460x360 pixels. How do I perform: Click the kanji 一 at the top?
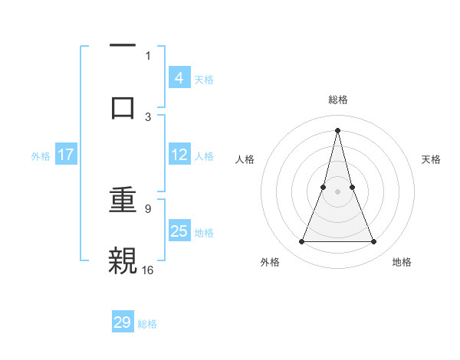click(123, 45)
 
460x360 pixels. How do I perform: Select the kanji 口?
click(123, 106)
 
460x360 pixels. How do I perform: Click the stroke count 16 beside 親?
click(148, 270)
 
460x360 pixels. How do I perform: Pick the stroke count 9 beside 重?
click(148, 208)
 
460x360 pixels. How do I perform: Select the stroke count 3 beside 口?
click(148, 116)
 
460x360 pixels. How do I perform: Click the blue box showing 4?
click(179, 77)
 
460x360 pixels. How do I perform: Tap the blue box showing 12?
click(179, 155)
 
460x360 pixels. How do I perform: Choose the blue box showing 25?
click(179, 231)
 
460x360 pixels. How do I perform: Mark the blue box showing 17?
click(66, 155)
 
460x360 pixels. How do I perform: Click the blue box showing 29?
click(123, 322)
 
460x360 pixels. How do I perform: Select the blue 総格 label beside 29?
click(147, 324)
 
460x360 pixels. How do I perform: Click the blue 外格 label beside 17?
click(41, 156)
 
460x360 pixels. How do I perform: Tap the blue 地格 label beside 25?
click(204, 232)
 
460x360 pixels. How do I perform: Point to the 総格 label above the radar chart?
click(337, 100)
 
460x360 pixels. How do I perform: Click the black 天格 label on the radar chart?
click(431, 159)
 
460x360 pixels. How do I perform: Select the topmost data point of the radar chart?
click(337, 129)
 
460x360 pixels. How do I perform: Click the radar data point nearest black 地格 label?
click(374, 242)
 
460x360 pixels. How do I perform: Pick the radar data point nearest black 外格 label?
click(301, 242)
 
